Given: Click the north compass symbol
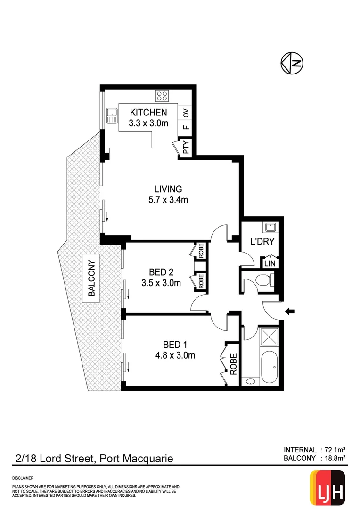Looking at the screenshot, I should pyautogui.click(x=292, y=63).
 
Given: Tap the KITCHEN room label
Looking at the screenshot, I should pyautogui.click(x=148, y=113).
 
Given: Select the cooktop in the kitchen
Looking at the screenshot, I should pyautogui.click(x=163, y=96).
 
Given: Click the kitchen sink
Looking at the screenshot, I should pyautogui.click(x=112, y=115).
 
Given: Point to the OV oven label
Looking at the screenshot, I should pyautogui.click(x=186, y=113).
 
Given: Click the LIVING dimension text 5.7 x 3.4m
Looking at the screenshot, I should pyautogui.click(x=168, y=200).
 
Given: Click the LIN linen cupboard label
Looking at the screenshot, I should pyautogui.click(x=269, y=263).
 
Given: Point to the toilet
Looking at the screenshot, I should pyautogui.click(x=262, y=282).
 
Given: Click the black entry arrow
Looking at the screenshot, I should pyautogui.click(x=290, y=311).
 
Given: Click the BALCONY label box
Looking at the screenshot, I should pyautogui.click(x=92, y=278).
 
